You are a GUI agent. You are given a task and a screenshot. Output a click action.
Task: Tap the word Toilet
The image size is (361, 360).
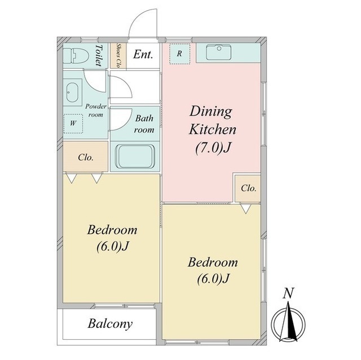point(99,55)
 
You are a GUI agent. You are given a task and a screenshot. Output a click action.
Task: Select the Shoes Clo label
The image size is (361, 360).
point(118,56)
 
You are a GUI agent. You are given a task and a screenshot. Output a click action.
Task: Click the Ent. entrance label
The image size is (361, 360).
point(143,55)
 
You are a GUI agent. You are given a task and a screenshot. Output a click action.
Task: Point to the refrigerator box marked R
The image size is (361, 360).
point(179,54)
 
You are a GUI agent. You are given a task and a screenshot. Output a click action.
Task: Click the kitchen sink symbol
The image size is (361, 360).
point(218,52)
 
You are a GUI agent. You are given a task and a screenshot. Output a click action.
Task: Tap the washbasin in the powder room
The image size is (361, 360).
point(73,92)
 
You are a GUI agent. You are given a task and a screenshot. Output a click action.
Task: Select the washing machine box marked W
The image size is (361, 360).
point(73,123)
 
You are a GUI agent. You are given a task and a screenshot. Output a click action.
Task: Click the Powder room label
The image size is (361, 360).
point(96,110)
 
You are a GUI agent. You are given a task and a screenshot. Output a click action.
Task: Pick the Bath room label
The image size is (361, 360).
point(144,124)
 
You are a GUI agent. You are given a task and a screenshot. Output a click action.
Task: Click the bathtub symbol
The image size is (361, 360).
point(135,157)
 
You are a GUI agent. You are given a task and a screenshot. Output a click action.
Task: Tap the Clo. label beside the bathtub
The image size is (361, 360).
point(86,158)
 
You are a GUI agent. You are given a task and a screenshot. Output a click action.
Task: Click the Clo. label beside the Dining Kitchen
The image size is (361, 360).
point(248,188)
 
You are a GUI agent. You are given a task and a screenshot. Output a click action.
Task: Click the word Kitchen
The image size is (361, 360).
point(213,130)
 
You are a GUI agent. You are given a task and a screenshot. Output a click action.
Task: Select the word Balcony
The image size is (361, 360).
point(110,324)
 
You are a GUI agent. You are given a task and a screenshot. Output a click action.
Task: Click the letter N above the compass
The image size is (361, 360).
point(288,294)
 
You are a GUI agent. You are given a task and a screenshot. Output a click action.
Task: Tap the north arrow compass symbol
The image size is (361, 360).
point(288,322)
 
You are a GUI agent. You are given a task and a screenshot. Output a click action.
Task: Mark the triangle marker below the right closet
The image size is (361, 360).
point(246,209)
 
